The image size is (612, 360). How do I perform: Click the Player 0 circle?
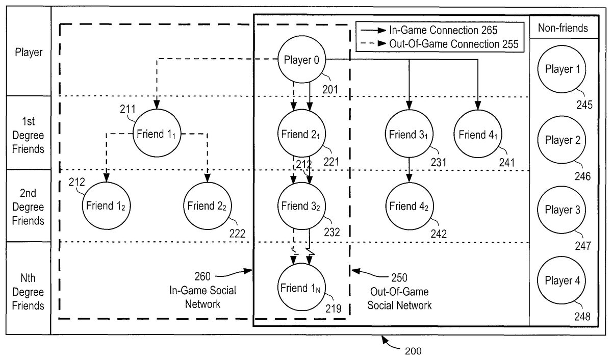coord(301,61)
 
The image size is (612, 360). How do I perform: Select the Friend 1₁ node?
coord(157,135)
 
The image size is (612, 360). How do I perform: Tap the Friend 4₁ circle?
coord(477,135)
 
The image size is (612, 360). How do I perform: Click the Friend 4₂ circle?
coord(410,206)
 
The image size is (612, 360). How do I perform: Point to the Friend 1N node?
coord(301,287)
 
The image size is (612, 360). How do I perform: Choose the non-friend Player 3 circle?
coord(562,210)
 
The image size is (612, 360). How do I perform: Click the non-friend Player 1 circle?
coord(562,69)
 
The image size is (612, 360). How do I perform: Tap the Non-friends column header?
coord(563,29)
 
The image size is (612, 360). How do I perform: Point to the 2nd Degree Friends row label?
coord(29,207)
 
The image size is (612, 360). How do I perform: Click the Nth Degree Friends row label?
coord(29,292)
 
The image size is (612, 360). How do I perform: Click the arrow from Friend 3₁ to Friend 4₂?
coord(409,168)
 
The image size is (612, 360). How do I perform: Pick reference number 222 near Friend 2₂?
coord(237,234)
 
